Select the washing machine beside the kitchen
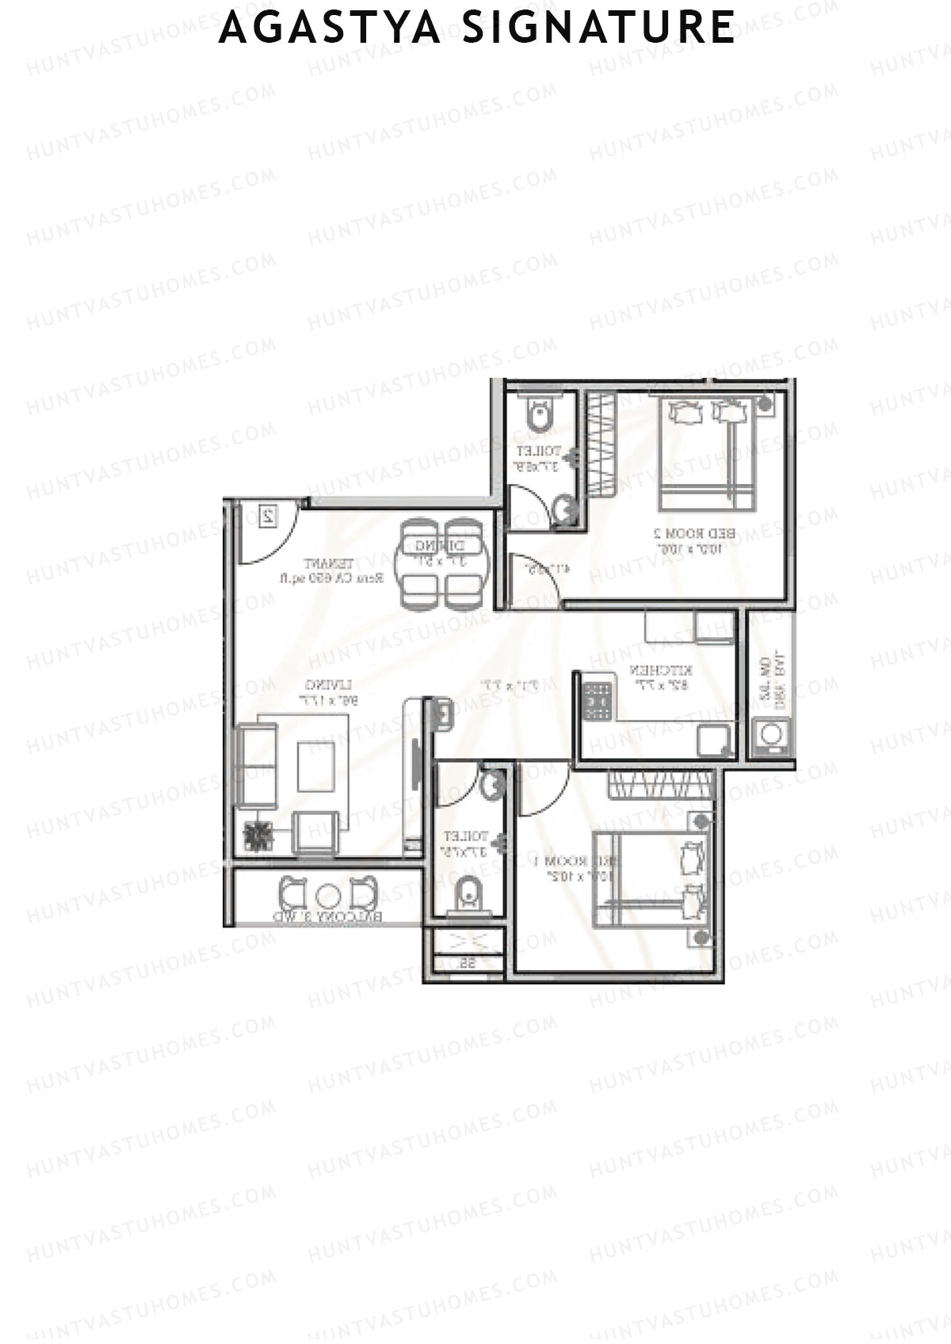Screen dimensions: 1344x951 [770, 735]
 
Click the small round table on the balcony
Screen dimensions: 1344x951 [328, 896]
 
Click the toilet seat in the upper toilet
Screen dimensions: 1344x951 [540, 414]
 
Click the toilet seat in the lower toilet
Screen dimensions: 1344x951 [468, 895]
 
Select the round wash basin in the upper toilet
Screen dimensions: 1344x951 [564, 511]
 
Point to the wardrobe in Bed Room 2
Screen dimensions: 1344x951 [602, 444]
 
